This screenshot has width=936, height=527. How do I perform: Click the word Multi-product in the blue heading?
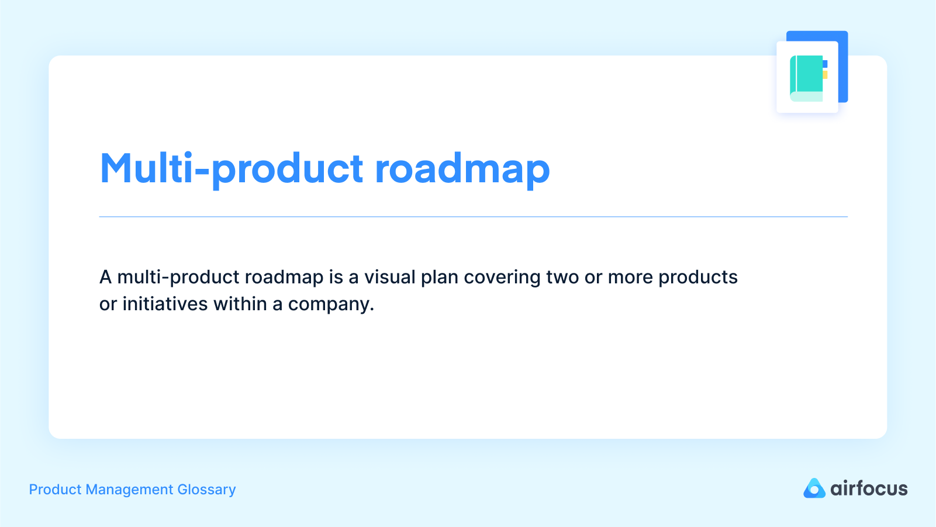[232, 169]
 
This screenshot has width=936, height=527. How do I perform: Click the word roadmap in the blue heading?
[462, 169]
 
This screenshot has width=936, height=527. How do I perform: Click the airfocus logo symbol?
[814, 488]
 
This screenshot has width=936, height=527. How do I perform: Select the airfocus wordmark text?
[869, 488]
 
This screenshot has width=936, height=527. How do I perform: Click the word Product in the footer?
[55, 490]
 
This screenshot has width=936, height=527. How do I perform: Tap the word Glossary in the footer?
[206, 490]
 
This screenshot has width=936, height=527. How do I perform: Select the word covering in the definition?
[502, 277]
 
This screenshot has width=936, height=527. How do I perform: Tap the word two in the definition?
[562, 277]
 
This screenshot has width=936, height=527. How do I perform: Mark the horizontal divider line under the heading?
[473, 217]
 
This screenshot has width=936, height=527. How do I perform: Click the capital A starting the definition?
[105, 277]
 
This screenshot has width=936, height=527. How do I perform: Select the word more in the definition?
[630, 277]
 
